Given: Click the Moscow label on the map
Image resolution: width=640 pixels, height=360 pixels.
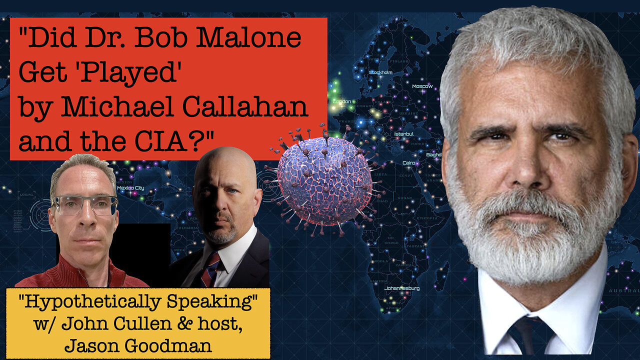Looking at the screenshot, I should click(422, 86).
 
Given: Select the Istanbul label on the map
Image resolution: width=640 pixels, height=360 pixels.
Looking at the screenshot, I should click(403, 134).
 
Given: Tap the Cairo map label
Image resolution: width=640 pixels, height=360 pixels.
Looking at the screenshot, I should click(409, 163).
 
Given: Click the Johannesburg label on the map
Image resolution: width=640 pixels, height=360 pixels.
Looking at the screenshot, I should click(402, 288).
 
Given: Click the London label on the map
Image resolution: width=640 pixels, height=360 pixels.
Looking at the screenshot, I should click(342, 101).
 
